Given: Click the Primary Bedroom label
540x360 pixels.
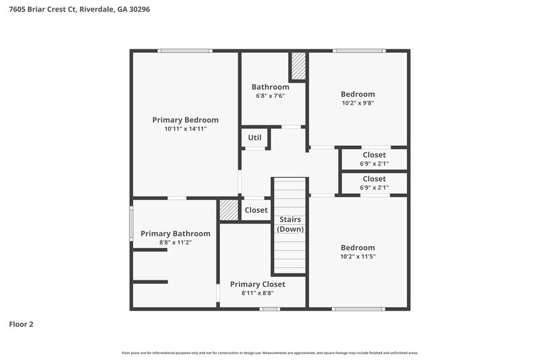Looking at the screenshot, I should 185,120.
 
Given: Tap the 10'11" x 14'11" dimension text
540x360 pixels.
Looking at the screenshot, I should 185,128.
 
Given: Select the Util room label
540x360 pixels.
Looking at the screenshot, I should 254,138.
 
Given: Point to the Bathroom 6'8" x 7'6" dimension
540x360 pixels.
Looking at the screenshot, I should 270,96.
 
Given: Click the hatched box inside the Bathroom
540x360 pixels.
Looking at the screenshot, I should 298,66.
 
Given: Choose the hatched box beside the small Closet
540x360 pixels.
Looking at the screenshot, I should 229,210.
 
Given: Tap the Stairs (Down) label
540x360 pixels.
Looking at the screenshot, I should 290,224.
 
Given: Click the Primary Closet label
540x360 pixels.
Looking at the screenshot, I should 257,284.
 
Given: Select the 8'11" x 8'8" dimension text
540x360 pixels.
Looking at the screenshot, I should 257,293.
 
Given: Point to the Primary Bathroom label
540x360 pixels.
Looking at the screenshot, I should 175,234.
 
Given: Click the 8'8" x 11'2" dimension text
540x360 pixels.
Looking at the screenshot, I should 175,242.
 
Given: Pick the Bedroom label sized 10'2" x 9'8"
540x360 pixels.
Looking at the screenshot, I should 358,94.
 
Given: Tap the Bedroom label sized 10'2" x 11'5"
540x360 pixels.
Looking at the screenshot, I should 358,247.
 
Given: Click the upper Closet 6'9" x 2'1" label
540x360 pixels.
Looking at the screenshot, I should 374,155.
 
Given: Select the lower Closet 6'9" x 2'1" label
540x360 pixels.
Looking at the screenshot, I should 374,179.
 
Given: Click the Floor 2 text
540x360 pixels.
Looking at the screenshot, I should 21,324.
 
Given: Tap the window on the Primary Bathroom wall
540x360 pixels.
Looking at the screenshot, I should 132,223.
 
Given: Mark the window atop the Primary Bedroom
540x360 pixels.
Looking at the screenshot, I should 185,51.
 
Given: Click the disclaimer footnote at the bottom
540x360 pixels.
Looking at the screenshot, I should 270,353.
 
